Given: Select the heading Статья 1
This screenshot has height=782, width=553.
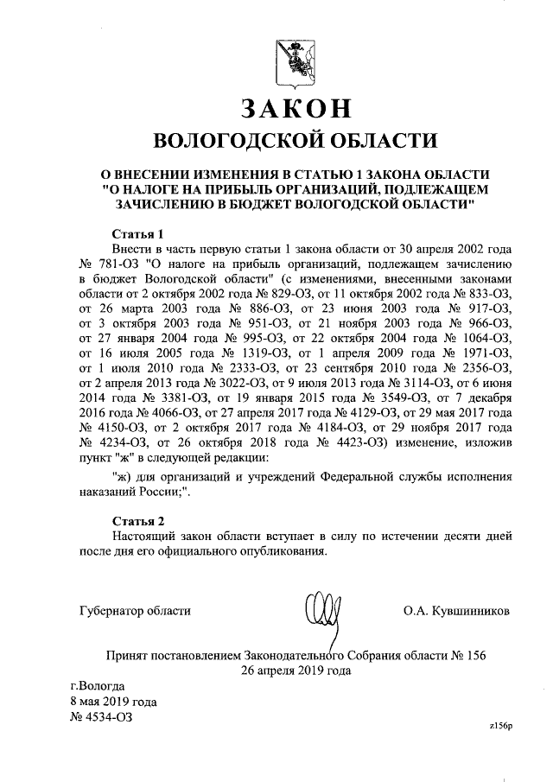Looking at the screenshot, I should pyautogui.click(x=139, y=233).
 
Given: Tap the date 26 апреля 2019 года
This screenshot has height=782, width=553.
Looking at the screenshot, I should pyautogui.click(x=296, y=670).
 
